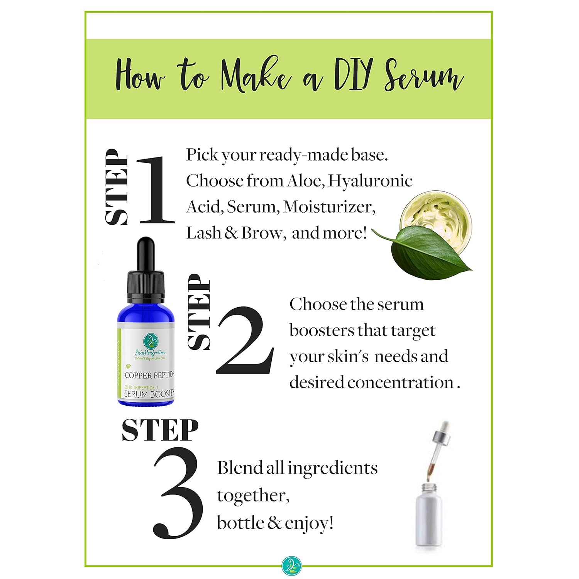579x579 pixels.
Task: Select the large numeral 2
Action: click(x=245, y=340)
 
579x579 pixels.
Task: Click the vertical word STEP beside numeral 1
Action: click(x=117, y=187)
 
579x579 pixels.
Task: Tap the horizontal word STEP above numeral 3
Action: click(x=160, y=430)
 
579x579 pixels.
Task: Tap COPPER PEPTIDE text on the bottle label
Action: click(x=150, y=375)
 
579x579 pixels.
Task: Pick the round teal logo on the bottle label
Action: click(x=151, y=341)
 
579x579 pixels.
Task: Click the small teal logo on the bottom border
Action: click(x=291, y=565)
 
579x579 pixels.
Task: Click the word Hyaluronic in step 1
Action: click(x=370, y=181)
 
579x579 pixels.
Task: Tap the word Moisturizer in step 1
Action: click(x=329, y=207)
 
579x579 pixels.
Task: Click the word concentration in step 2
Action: click(x=400, y=383)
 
